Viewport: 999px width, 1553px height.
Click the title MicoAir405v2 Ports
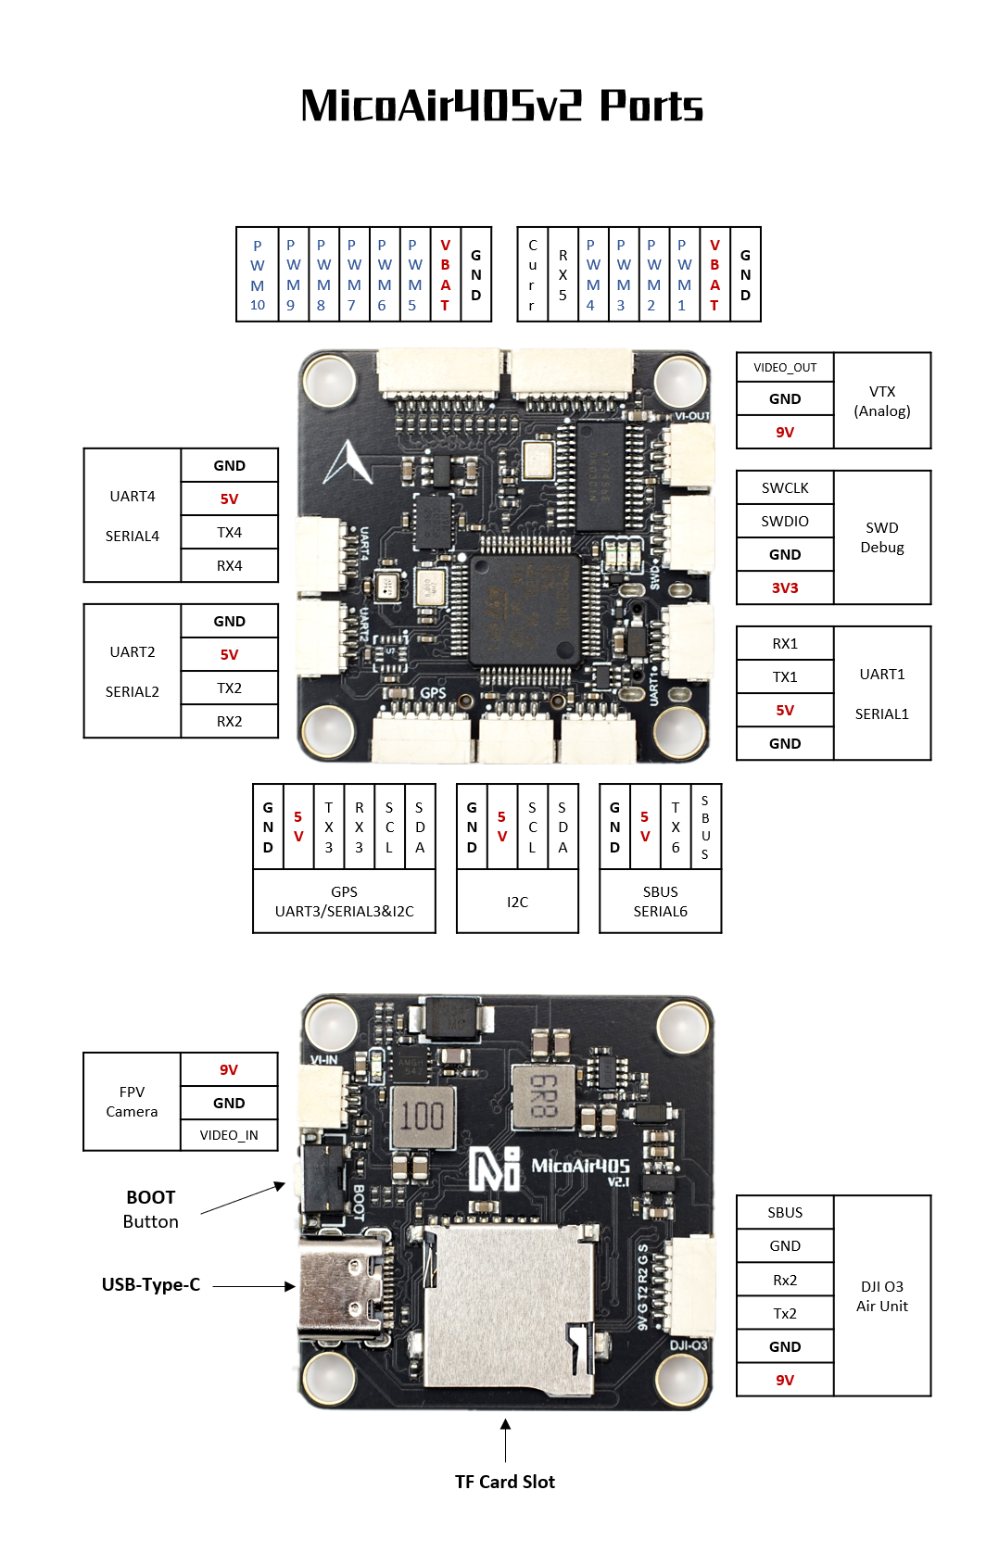click(501, 106)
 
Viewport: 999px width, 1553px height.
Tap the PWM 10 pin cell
click(258, 275)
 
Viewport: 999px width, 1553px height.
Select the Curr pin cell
click(533, 275)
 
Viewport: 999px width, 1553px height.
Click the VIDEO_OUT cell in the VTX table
click(785, 368)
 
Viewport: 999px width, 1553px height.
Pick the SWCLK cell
click(785, 488)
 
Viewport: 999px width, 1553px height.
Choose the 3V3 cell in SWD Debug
click(785, 588)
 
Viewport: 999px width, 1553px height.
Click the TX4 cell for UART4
click(230, 533)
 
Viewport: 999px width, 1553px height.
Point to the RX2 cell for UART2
click(230, 722)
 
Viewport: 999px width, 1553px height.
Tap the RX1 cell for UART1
click(785, 644)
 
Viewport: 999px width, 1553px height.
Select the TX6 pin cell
click(676, 827)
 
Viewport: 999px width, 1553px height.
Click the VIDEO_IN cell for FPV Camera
click(229, 1135)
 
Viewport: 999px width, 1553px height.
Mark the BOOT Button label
click(150, 1209)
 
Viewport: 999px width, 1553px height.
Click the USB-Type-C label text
click(151, 1285)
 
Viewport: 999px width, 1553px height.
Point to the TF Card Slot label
click(505, 1482)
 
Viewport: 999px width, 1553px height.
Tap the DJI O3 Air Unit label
click(882, 1296)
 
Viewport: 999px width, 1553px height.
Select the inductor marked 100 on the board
click(423, 1116)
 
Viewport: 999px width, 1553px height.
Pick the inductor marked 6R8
click(543, 1097)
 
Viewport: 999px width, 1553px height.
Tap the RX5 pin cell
click(563, 275)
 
